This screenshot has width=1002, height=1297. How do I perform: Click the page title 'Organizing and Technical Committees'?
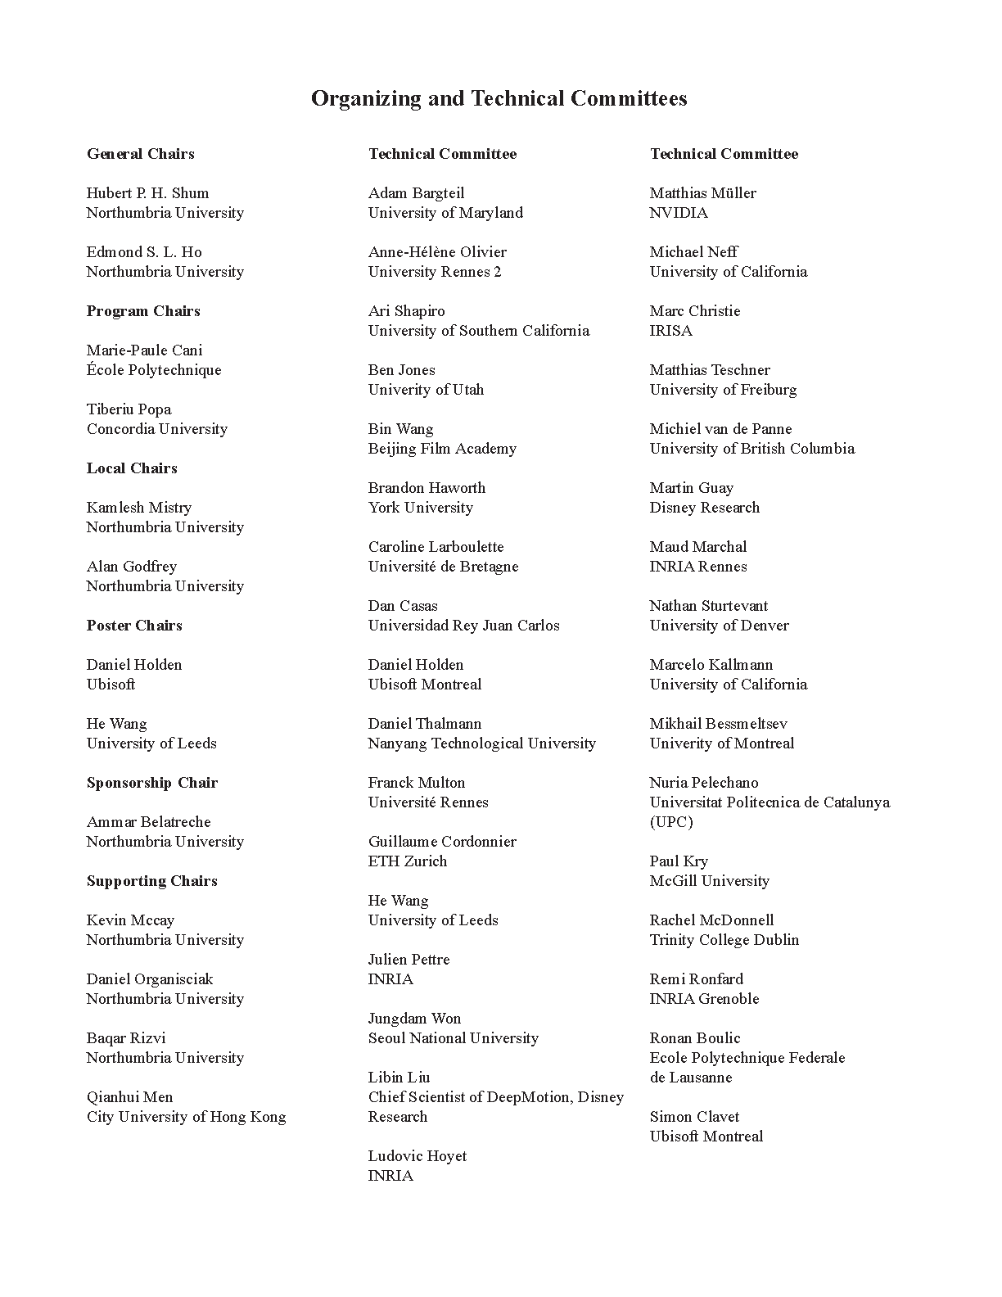[x=499, y=99]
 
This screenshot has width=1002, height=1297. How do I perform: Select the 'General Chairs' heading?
[x=141, y=154]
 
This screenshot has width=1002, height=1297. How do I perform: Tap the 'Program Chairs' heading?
[x=143, y=311]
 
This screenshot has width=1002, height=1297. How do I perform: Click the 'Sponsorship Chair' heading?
[x=152, y=783]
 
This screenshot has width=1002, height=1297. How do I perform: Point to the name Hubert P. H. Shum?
[x=147, y=193]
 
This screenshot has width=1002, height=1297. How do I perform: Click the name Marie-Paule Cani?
[x=144, y=350]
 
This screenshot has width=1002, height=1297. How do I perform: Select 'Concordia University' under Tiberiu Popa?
[x=157, y=429]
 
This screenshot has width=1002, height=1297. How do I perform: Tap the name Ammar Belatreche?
[x=148, y=822]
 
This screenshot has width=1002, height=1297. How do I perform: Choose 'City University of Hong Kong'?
[x=186, y=1117]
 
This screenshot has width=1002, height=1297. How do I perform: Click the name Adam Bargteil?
[x=416, y=193]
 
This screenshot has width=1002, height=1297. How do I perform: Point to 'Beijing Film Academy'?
[x=442, y=449]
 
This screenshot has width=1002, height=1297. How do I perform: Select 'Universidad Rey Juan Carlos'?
[x=463, y=626]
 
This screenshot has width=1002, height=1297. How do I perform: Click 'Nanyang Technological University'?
[x=481, y=743]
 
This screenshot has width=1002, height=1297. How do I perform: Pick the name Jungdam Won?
[x=414, y=1019]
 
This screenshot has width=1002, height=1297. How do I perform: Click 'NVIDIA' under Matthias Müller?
[x=679, y=213]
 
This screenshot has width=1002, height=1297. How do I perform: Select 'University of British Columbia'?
[x=751, y=449]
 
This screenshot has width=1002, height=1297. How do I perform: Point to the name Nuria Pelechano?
[x=704, y=783]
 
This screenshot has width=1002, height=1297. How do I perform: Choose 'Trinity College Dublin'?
[x=724, y=940]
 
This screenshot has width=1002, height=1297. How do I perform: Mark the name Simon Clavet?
[x=694, y=1117]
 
